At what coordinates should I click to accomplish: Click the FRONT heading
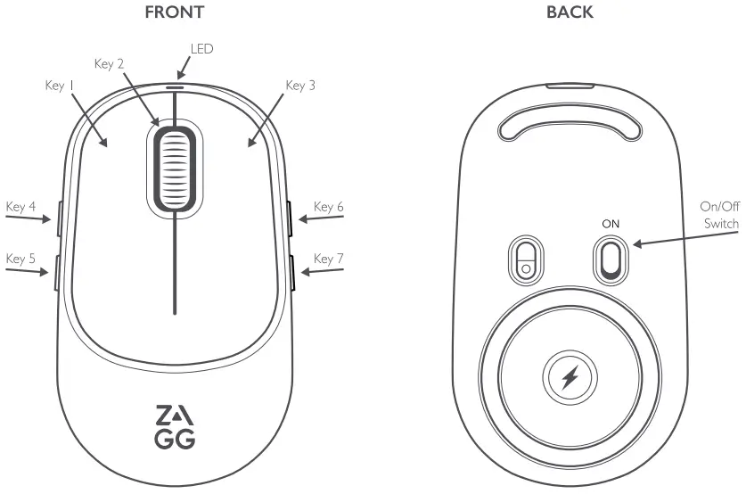tap(174, 12)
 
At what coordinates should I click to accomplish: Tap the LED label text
tap(202, 48)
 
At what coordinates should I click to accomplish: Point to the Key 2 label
tap(109, 63)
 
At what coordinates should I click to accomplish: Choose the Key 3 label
tap(300, 86)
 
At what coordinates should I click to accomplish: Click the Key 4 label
tap(20, 207)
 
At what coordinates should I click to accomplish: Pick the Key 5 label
tap(20, 259)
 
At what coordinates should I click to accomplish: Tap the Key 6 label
tap(329, 207)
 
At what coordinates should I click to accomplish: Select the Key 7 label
tap(329, 259)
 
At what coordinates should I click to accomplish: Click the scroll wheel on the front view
tap(175, 168)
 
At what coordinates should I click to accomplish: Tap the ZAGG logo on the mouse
tap(175, 427)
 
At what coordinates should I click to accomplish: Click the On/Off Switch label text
tap(719, 214)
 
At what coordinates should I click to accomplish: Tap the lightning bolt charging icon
tap(570, 378)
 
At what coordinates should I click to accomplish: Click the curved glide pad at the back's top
tap(570, 125)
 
